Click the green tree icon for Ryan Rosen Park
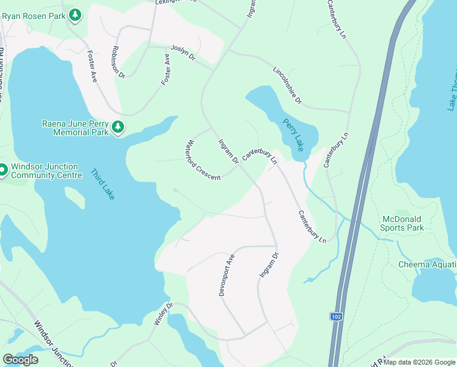[75, 15]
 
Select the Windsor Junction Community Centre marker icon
[2, 170]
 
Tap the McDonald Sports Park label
[403, 223]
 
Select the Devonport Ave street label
[227, 275]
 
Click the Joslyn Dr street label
[182, 52]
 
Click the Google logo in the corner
[20, 360]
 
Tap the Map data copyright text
[419, 362]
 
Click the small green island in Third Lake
[74, 197]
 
